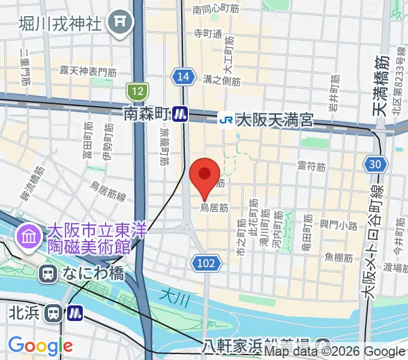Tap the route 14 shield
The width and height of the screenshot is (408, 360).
pos(184,76)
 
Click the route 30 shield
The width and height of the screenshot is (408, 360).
pos(376,164)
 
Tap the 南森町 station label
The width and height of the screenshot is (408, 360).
pos(146,113)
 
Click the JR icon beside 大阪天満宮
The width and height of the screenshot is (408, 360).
pos(226,119)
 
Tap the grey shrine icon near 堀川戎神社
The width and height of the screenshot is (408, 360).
pos(119,24)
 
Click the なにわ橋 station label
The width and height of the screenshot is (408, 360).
pos(92,274)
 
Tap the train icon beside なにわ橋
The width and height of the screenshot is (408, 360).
pos(47,274)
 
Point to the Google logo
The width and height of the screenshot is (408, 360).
pos(40,346)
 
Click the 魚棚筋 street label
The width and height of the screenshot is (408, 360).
pos(338,257)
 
